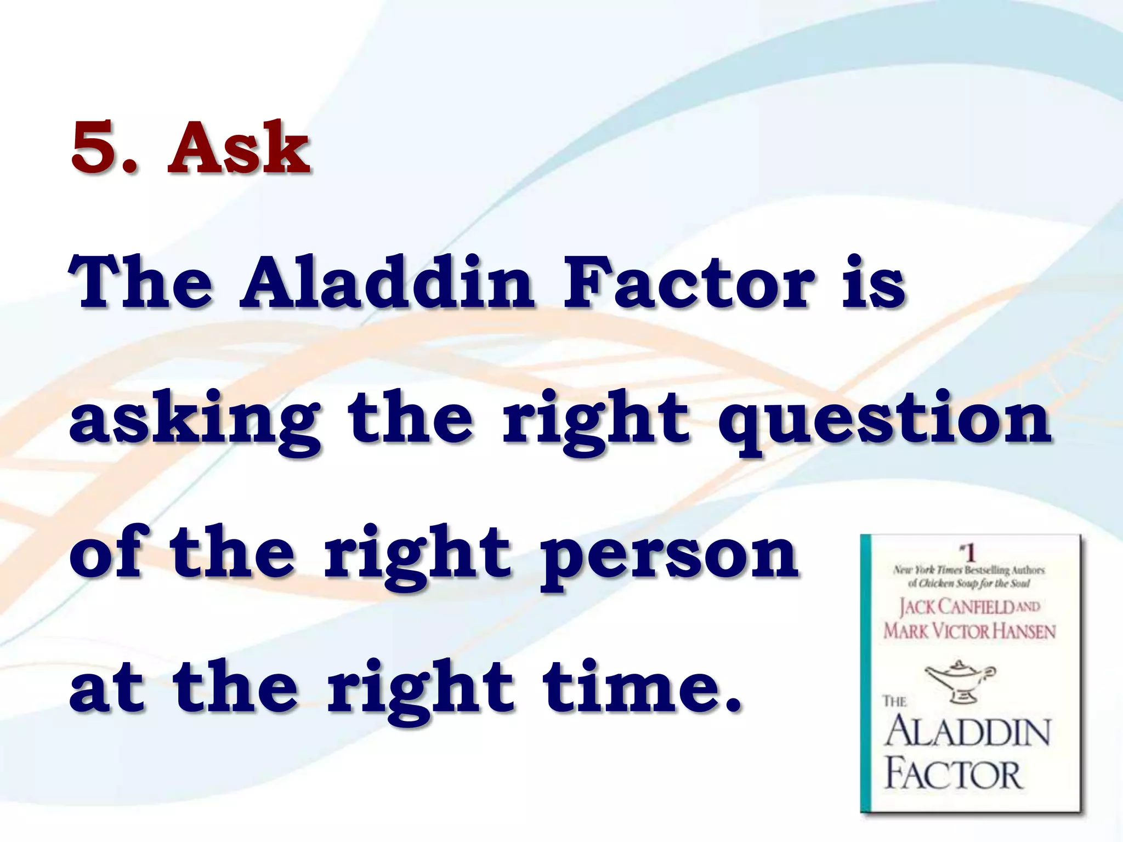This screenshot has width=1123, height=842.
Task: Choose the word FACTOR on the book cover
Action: tap(954, 775)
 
